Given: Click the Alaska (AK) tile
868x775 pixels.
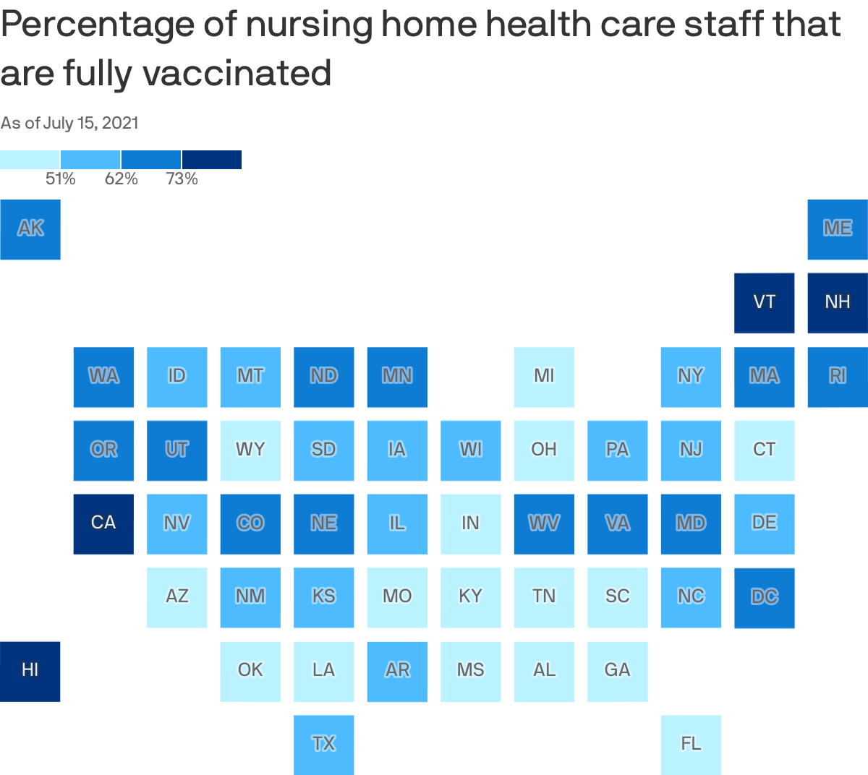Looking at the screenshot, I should pyautogui.click(x=30, y=229).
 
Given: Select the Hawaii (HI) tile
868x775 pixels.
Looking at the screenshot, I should pyautogui.click(x=30, y=671).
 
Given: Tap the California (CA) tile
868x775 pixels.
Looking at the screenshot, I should pyautogui.click(x=103, y=523).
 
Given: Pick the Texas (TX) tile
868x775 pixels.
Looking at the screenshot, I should pyautogui.click(x=324, y=744).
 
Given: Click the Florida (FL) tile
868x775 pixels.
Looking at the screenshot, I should pyautogui.click(x=691, y=744).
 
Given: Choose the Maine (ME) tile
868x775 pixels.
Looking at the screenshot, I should pyautogui.click(x=838, y=229).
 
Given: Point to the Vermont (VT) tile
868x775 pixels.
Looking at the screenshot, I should pyautogui.click(x=765, y=303).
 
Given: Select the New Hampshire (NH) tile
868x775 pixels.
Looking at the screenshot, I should pyautogui.click(x=838, y=303).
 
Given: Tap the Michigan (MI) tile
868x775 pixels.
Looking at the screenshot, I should pyautogui.click(x=544, y=377).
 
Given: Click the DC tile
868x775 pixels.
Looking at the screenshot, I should pyautogui.click(x=765, y=597).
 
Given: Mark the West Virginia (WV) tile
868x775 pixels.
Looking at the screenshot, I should pyautogui.click(x=544, y=523).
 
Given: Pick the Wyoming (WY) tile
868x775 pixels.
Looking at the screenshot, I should pyautogui.click(x=250, y=450).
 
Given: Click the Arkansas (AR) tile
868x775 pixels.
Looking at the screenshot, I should pyautogui.click(x=397, y=671).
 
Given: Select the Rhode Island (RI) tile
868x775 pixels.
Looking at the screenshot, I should pyautogui.click(x=838, y=377).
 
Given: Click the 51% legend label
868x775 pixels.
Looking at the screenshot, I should pyautogui.click(x=61, y=179).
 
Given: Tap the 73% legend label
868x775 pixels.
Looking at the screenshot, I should pyautogui.click(x=182, y=179).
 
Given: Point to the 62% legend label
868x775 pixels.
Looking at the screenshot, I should pyautogui.click(x=122, y=179).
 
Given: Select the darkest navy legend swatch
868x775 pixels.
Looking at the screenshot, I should pyautogui.click(x=212, y=159).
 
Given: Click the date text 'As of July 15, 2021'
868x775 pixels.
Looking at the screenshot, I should pyautogui.click(x=69, y=123).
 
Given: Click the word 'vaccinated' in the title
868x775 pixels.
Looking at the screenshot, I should pyautogui.click(x=237, y=73).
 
